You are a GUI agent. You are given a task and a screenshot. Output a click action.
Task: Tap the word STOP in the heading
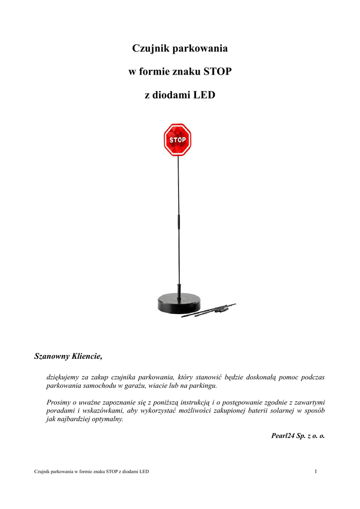(218, 72)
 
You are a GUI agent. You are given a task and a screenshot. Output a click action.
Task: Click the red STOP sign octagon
(178, 140)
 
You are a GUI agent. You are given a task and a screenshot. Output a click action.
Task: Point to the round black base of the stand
(178, 304)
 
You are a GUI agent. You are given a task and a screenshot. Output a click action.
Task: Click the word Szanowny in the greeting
(51, 356)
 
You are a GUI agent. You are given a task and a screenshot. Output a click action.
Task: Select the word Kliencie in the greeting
(87, 356)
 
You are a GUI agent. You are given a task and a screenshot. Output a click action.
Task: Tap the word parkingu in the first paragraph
(203, 386)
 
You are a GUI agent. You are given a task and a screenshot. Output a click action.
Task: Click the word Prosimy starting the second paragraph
(58, 402)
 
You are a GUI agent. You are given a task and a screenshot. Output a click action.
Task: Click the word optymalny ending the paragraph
(106, 419)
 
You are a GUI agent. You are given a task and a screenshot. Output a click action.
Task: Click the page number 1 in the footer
(316, 471)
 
